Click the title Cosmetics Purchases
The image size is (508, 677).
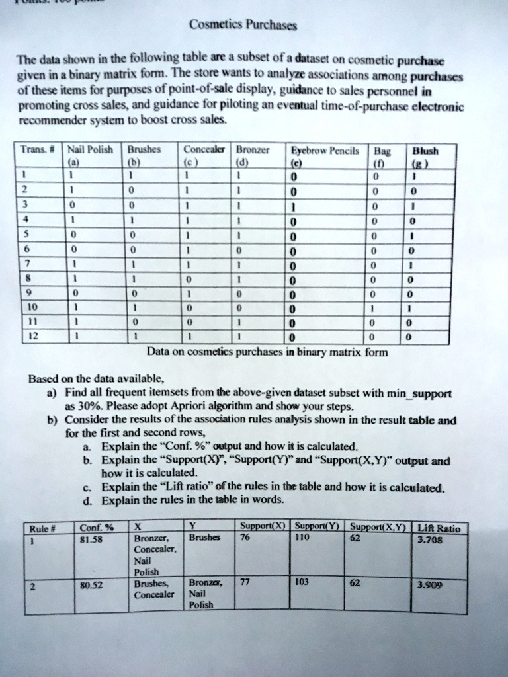(243, 26)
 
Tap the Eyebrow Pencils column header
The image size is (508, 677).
(321, 150)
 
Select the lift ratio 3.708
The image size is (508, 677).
(440, 538)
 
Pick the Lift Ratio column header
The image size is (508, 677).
(441, 528)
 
